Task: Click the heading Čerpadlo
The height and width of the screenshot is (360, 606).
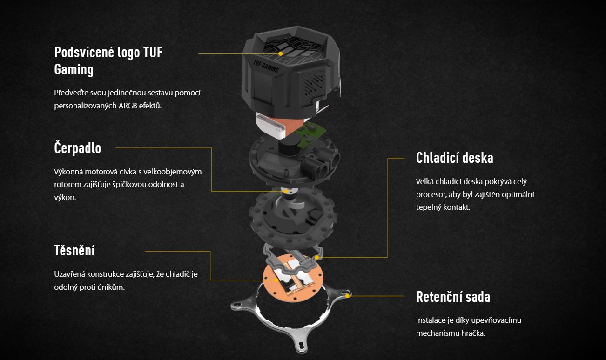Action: tap(78, 148)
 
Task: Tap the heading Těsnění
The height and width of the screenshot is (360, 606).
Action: tap(74, 250)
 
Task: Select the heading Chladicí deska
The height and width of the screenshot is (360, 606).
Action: tap(454, 158)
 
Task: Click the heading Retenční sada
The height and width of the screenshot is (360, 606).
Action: tap(453, 297)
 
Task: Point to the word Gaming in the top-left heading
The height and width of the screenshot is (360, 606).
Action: tap(74, 69)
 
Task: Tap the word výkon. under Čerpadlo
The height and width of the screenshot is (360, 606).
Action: tap(65, 198)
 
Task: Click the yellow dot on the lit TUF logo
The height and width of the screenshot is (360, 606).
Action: tap(281, 54)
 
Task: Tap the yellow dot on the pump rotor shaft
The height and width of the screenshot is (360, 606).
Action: tap(286, 191)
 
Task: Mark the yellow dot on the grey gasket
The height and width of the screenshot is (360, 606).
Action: tap(317, 257)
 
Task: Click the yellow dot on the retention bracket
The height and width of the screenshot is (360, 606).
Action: tap(347, 296)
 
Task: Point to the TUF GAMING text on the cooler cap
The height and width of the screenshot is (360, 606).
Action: tap(266, 66)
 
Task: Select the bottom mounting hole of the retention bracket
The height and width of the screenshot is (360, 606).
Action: tap(301, 346)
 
